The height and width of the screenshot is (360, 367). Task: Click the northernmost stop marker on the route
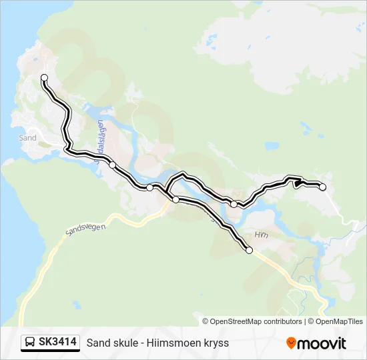pyautogui.click(x=45, y=78)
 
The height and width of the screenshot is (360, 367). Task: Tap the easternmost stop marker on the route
pyautogui.click(x=322, y=187)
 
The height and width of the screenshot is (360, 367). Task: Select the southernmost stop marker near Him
pyautogui.click(x=250, y=251)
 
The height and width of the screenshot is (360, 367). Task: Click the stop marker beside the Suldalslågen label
pyautogui.click(x=113, y=165)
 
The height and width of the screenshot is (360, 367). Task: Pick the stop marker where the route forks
pyautogui.click(x=175, y=199)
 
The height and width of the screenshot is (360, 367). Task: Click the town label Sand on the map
pyautogui.click(x=28, y=138)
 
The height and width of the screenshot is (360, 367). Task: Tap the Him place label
pyautogui.click(x=260, y=235)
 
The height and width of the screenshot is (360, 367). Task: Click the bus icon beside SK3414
pyautogui.click(x=31, y=343)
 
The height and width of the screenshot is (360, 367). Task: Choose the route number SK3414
pyautogui.click(x=57, y=343)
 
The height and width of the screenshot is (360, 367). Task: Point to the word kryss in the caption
pyautogui.click(x=216, y=343)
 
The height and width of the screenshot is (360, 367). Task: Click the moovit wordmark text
pyautogui.click(x=322, y=343)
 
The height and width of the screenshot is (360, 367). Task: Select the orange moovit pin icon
pyautogui.click(x=292, y=343)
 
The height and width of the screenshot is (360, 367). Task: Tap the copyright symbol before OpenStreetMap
pyautogui.click(x=206, y=321)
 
